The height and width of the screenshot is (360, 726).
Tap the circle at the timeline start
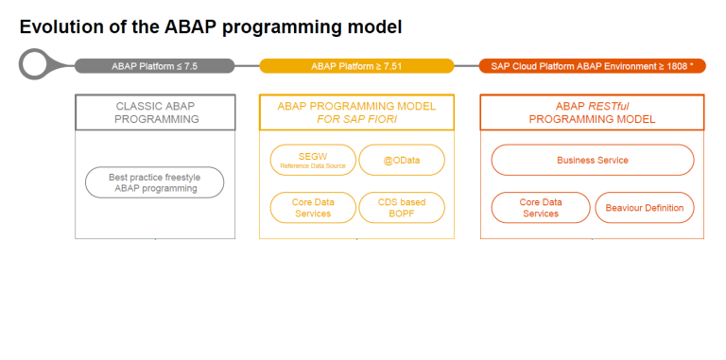click(36, 66)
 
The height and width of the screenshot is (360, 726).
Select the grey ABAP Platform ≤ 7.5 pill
click(154, 66)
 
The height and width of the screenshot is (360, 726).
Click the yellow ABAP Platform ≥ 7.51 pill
click(356, 66)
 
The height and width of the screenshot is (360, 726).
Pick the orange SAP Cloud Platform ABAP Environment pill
click(592, 66)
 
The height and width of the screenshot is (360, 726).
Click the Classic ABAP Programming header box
click(156, 112)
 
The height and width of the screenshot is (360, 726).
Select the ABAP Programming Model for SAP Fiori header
click(356, 112)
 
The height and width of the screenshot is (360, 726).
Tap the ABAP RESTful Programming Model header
click(592, 112)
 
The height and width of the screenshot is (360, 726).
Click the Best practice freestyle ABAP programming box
click(155, 182)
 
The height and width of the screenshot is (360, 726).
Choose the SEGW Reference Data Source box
click(313, 161)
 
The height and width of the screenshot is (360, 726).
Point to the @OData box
click(402, 161)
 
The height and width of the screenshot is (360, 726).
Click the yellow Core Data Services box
click(313, 207)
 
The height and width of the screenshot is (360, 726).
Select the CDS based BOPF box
click(402, 207)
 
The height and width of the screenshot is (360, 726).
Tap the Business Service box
click(593, 161)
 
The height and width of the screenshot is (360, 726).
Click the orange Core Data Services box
click(540, 207)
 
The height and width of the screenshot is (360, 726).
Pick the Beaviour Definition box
click(645, 207)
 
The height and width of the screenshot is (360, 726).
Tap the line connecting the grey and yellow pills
click(247, 66)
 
